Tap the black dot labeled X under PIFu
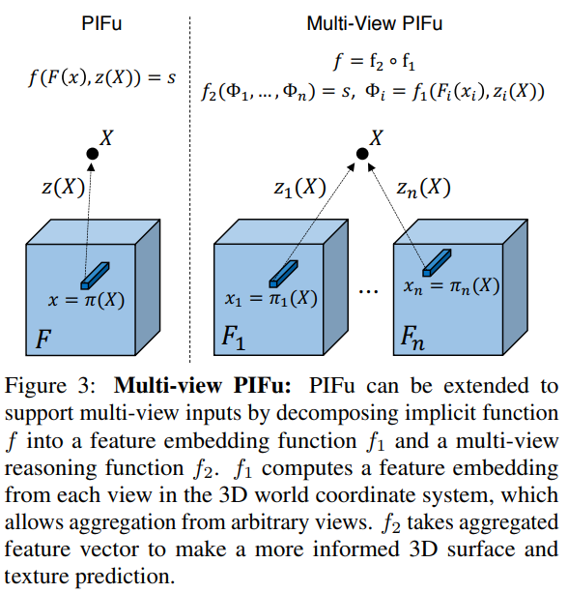pos(93,154)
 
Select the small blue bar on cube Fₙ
pos(436,260)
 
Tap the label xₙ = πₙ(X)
pos(453,286)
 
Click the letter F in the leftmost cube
pos(43,340)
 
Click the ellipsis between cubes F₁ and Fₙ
pos(367,291)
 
